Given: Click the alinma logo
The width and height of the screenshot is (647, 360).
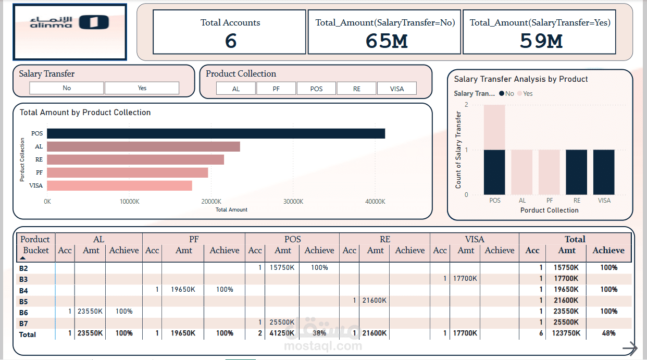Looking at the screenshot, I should [69, 22].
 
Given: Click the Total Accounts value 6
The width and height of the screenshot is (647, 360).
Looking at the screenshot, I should [231, 41].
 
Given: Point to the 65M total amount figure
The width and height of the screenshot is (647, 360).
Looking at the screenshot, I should [386, 41].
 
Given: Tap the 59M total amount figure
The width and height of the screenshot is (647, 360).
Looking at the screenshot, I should [541, 41].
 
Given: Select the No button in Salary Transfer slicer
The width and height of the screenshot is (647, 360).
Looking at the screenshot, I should [67, 88].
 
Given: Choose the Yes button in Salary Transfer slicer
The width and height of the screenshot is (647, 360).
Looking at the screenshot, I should [142, 88].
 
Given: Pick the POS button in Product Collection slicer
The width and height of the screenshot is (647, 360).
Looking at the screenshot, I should [316, 89].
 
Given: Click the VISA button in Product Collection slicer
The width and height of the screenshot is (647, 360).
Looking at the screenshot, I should [397, 89].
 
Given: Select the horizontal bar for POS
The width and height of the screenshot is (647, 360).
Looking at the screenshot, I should [216, 133].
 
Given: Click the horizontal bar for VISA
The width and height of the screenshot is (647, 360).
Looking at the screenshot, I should [119, 185].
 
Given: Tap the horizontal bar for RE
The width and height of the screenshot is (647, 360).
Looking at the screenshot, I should [135, 159].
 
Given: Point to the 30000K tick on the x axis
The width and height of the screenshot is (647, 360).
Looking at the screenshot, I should [293, 201].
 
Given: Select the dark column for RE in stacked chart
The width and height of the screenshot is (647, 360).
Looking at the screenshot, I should [576, 172].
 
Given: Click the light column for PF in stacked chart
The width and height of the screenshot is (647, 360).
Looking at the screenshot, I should [550, 172].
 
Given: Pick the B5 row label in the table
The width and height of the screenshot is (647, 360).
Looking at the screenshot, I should [23, 301].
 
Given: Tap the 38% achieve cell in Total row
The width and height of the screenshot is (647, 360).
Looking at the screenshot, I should [319, 333].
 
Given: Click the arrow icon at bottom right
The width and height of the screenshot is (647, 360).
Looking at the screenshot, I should [630, 348].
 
